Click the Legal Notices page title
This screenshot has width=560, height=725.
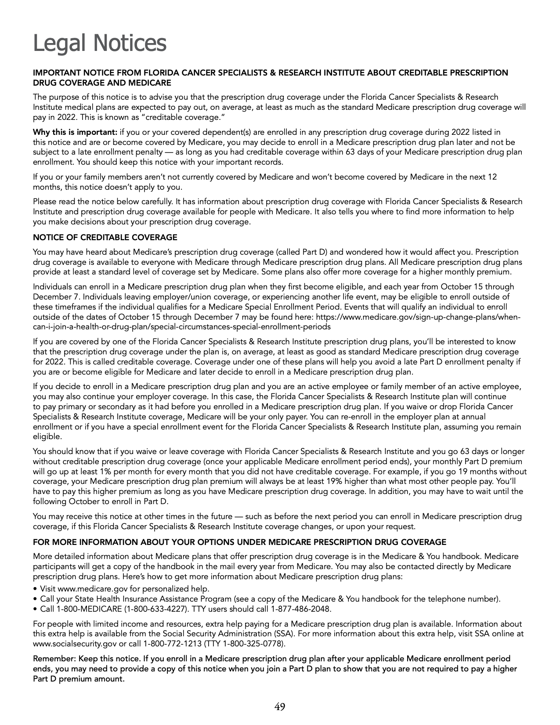coord(100,43)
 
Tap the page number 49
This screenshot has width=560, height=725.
coord(280,707)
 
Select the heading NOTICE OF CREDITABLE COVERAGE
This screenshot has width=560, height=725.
coord(105,238)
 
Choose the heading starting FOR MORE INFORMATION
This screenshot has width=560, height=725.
coord(240,542)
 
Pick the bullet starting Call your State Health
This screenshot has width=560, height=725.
coord(270,599)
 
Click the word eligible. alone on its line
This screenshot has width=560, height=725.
coord(47,437)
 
